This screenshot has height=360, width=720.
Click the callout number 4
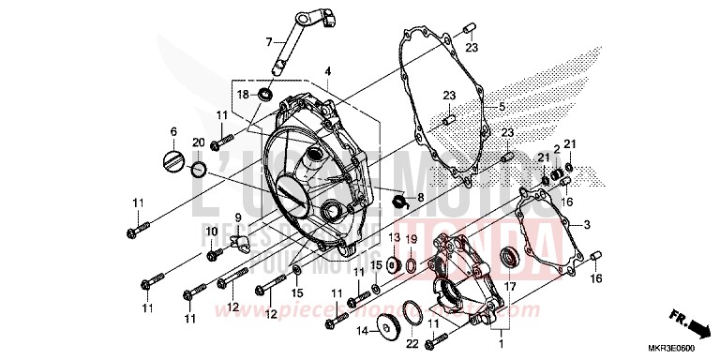(329, 71)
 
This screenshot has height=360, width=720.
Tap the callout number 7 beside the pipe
(268, 41)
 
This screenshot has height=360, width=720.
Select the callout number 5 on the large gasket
(502, 106)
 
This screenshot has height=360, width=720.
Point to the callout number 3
(587, 225)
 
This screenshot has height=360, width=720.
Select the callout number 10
(212, 231)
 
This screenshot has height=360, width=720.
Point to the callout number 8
(420, 198)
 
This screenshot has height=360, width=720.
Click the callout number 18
(242, 95)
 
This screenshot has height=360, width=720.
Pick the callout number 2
(556, 150)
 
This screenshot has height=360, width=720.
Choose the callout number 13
(395, 238)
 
